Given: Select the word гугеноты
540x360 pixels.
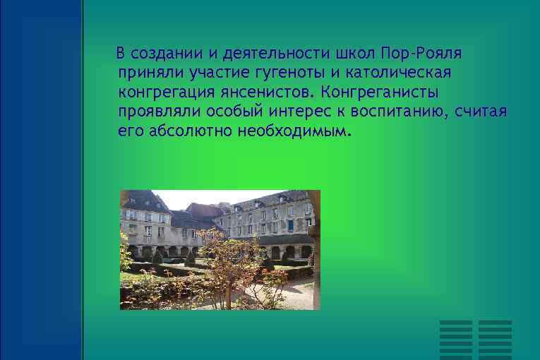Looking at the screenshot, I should point(265,73).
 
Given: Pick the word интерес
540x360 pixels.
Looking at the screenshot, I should point(285,112).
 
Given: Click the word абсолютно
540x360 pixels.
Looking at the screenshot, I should point(192,131).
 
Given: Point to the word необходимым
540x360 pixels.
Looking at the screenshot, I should point(292,131).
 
